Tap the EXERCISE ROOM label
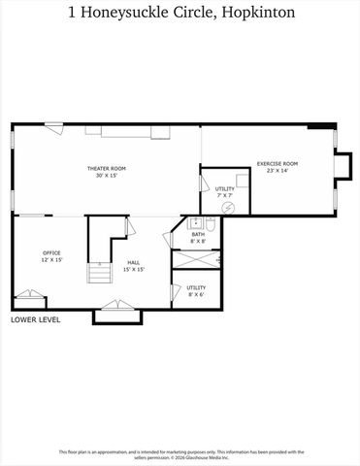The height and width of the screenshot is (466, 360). click(x=277, y=163)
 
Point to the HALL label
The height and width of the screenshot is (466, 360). click(x=134, y=262)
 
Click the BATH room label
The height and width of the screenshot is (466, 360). click(x=197, y=234)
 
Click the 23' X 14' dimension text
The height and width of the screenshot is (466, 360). click(x=277, y=170)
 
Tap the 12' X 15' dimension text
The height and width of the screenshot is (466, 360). click(x=51, y=260)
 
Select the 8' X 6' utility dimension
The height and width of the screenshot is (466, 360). click(x=196, y=294)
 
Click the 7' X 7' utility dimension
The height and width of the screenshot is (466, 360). click(x=224, y=195)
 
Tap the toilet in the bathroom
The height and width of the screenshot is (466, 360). click(x=213, y=226)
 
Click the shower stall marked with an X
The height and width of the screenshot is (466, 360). click(x=195, y=260)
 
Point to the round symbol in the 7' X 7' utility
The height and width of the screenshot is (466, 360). click(x=229, y=208)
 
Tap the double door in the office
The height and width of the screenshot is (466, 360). click(x=29, y=294)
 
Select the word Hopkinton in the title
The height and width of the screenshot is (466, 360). click(x=259, y=14)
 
